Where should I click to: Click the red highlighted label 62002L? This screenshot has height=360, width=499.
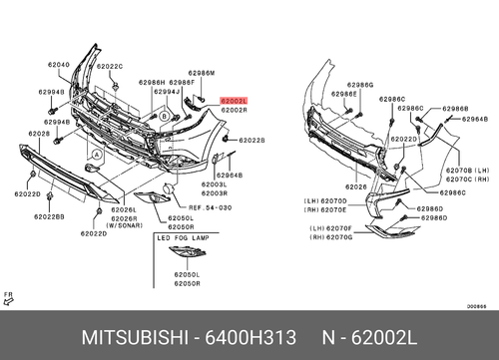(233, 102)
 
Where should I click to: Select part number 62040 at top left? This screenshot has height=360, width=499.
(59, 65)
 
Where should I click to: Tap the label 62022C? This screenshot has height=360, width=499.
(109, 66)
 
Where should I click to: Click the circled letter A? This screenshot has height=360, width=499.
(96, 156)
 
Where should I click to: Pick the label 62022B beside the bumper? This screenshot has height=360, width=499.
(251, 141)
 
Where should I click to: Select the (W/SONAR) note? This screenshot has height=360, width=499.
(126, 225)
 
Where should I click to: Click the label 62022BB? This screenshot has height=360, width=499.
(49, 216)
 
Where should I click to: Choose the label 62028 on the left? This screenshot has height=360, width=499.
(39, 133)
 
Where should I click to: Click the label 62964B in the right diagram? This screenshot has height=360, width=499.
(474, 118)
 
